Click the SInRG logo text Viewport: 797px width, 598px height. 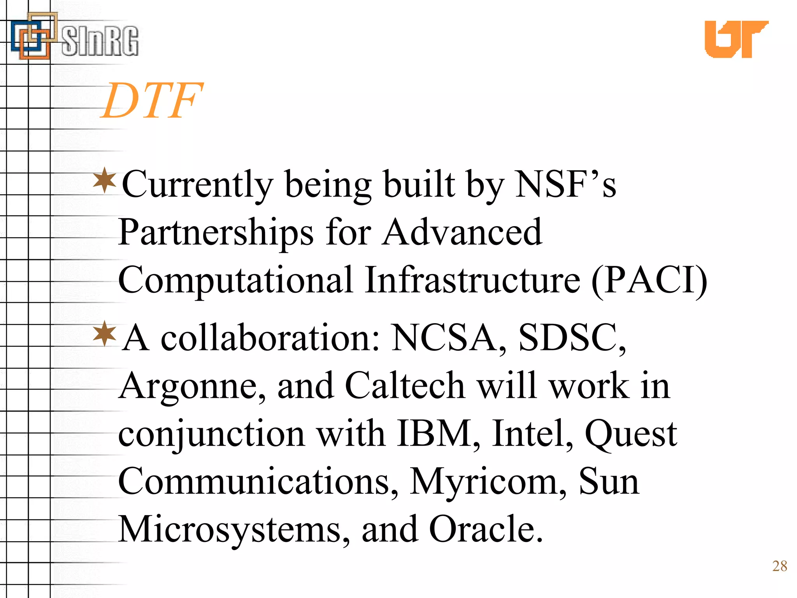pos(100,40)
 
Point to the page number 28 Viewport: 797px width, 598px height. pos(779,566)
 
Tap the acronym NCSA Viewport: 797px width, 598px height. pos(449,338)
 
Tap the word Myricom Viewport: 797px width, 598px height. pos(488,482)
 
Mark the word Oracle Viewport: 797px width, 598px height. pos(485,529)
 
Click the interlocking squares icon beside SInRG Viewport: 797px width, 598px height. pos(33,37)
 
